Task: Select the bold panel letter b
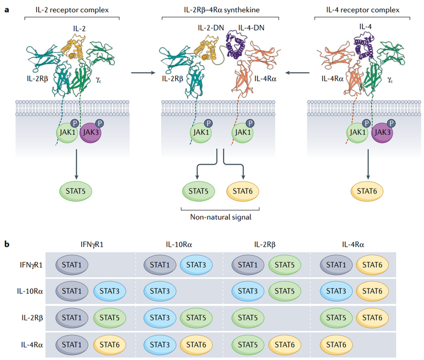point(6,245)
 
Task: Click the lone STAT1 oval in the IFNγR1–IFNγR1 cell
point(72,265)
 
